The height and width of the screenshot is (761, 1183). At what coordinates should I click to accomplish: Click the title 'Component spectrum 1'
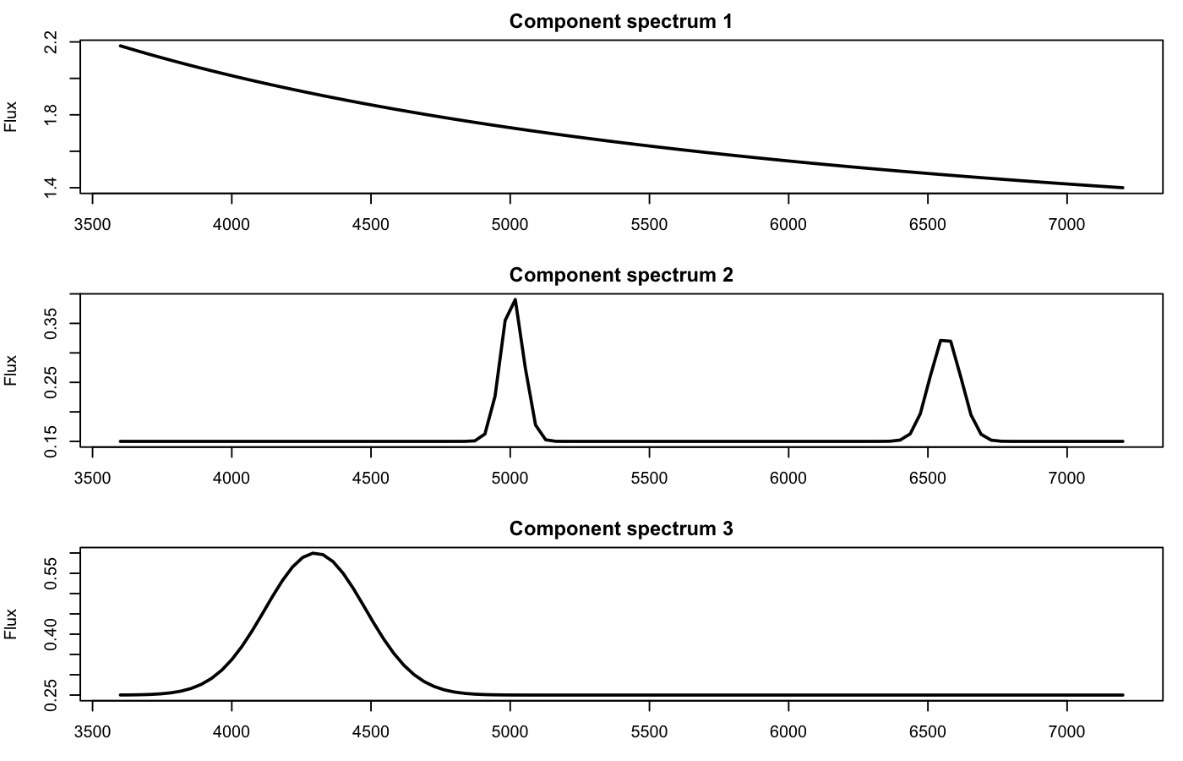[x=620, y=21]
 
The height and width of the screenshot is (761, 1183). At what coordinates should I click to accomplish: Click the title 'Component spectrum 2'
[x=620, y=275]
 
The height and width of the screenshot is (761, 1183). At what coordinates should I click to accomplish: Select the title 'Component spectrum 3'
[x=620, y=528]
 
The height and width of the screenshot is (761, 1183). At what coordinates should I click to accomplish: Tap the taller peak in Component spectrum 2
[x=515, y=300]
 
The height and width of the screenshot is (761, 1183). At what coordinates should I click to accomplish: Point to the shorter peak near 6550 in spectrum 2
[x=946, y=341]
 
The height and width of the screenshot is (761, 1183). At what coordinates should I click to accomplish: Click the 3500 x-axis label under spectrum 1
[x=92, y=224]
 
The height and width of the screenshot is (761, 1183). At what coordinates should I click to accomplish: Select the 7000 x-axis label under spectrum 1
[x=1066, y=224]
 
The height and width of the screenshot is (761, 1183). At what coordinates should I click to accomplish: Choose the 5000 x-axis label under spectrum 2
[x=510, y=478]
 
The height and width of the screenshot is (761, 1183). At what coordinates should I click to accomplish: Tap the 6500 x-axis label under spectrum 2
[x=927, y=478]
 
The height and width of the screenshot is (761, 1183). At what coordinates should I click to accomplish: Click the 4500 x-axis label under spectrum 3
[x=370, y=731]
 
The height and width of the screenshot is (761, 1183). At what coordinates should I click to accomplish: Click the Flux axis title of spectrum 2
[x=11, y=370]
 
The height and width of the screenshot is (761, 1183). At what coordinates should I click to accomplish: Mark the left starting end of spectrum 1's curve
[x=121, y=46]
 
